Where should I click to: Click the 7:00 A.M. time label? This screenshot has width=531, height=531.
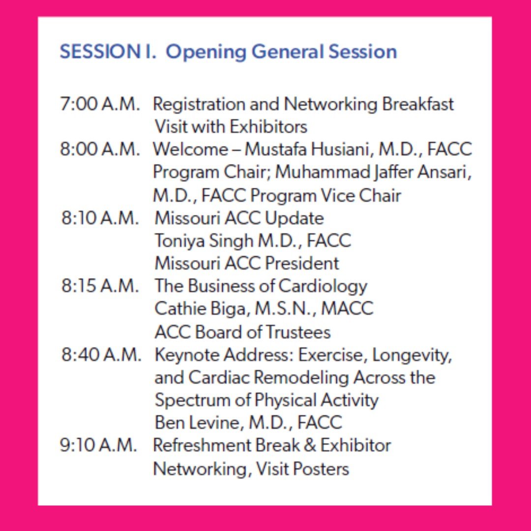100,105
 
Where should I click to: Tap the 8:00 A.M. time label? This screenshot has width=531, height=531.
100,149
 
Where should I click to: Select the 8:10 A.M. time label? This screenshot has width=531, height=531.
101,218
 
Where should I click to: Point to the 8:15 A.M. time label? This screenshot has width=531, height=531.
101,286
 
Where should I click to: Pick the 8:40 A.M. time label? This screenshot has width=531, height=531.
101,355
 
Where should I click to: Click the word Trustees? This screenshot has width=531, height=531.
298,332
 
